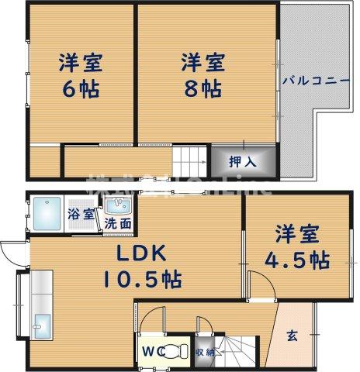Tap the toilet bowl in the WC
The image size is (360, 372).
[x=175, y=350]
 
